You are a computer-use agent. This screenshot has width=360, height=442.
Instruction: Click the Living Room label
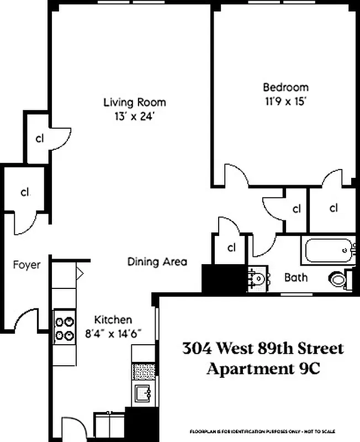click(135, 102)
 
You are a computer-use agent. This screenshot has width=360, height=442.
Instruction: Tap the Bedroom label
click(285, 87)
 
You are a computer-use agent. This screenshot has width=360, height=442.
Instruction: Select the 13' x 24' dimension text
click(135, 117)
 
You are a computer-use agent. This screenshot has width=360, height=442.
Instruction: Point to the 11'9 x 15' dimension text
click(285, 102)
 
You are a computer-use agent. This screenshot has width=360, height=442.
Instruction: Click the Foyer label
click(27, 265)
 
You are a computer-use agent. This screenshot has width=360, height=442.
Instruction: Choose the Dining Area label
click(157, 261)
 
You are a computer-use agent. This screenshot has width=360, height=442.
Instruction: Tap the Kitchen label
click(113, 319)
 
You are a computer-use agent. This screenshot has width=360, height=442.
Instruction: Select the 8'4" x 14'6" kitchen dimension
click(114, 333)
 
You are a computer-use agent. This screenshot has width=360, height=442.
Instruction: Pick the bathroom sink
click(257, 278)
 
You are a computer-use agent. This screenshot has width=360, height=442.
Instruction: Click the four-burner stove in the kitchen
click(64, 327)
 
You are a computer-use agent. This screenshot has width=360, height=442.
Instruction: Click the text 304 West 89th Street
click(263, 349)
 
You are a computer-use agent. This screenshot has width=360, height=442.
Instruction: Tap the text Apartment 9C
click(263, 369)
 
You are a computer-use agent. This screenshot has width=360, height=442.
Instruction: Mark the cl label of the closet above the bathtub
click(333, 208)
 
